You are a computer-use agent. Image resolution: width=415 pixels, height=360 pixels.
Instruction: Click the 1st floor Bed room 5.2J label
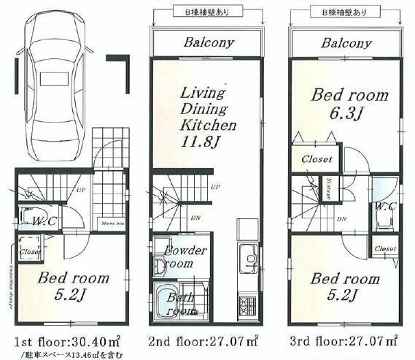73,288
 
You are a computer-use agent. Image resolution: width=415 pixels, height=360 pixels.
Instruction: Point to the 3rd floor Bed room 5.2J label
345,288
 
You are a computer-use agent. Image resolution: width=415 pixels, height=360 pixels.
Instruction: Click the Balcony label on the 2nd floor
209,42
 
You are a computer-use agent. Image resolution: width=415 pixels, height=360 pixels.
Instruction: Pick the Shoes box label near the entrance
112,224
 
